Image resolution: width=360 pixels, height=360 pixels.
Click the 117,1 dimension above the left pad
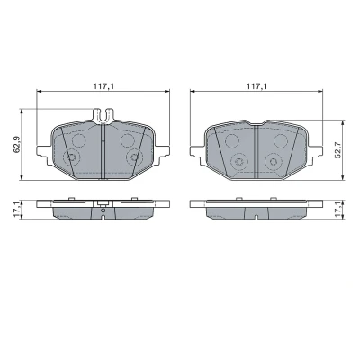[x=103, y=86]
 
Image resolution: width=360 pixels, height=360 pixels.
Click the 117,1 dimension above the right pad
[x=257, y=86]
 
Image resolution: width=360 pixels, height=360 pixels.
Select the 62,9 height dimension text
[x=17, y=145]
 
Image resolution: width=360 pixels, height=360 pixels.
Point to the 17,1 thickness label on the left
[x=17, y=210]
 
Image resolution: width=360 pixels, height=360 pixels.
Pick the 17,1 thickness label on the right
[x=338, y=210]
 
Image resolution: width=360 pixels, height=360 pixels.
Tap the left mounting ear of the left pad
[x=43, y=151]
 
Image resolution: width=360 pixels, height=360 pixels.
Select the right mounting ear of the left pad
[x=162, y=151]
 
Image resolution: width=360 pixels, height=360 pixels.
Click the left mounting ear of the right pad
[x=197, y=151]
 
